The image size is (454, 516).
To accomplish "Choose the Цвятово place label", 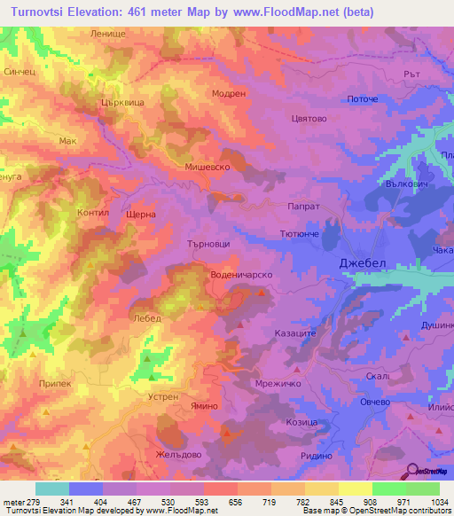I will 309,117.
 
